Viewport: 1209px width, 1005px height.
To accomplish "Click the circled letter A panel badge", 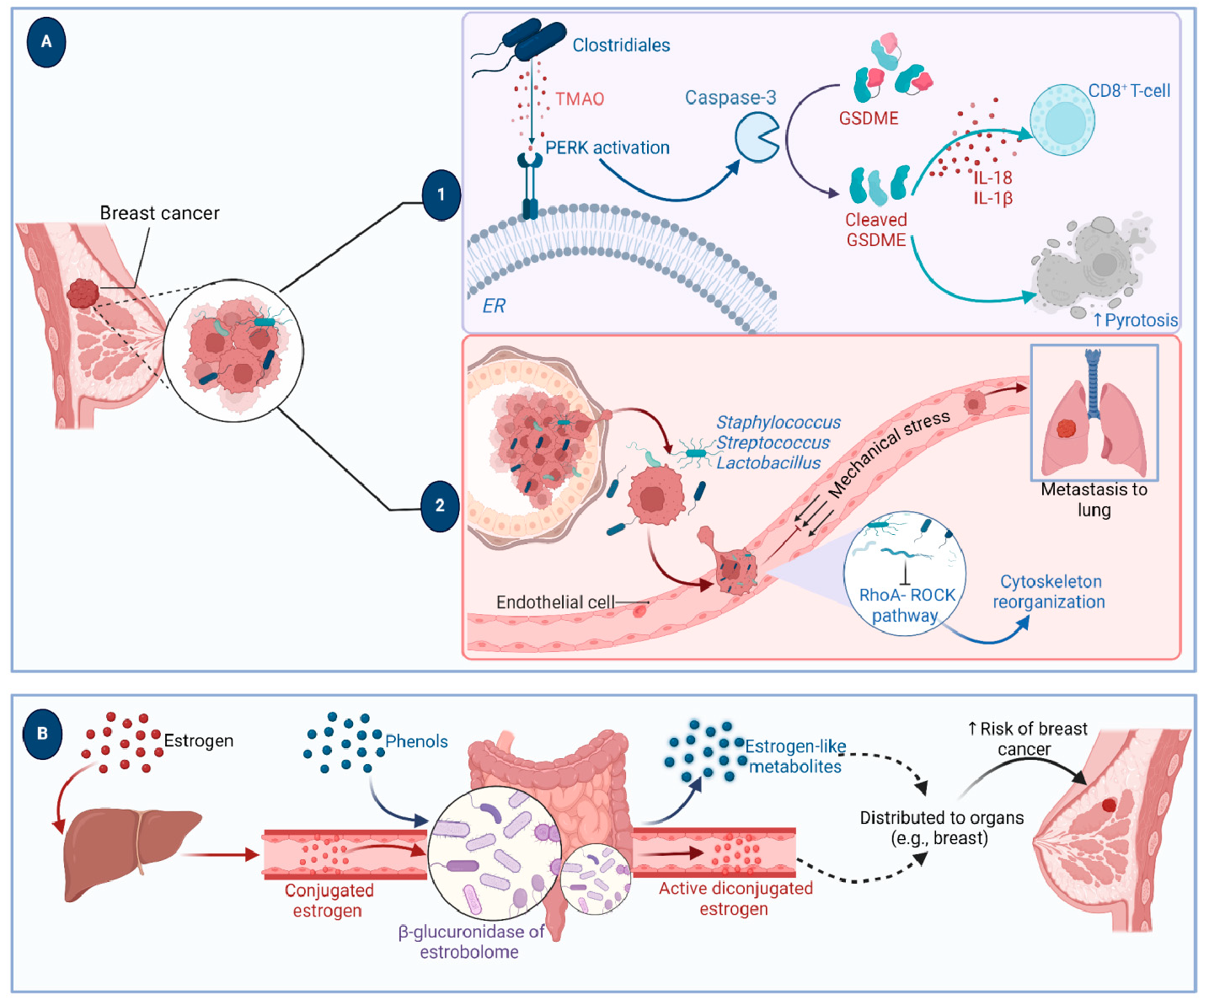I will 46,42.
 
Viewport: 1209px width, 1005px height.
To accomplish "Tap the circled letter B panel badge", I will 43,734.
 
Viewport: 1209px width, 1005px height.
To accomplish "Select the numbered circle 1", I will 441,195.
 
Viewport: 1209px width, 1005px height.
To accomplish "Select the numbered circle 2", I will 440,506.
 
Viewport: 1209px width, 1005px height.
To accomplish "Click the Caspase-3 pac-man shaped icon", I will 757,138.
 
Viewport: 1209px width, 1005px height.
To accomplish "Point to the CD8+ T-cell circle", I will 1062,120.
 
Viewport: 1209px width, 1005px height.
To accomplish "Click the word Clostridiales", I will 621,45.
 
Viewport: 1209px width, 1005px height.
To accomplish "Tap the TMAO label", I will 580,99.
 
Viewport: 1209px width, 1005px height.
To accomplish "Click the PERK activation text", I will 607,148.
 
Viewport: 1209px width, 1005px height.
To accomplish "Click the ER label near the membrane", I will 494,306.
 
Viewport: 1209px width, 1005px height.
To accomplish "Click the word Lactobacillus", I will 768,463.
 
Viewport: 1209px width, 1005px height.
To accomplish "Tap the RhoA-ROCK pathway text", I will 907,605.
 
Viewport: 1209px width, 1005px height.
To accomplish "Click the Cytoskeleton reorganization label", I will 1050,591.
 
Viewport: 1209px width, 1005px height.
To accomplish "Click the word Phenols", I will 416,741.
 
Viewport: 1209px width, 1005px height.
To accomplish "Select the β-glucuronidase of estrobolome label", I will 470,942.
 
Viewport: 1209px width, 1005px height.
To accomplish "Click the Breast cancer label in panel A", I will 159,213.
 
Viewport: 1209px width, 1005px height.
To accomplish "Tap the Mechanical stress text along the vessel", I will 889,452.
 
